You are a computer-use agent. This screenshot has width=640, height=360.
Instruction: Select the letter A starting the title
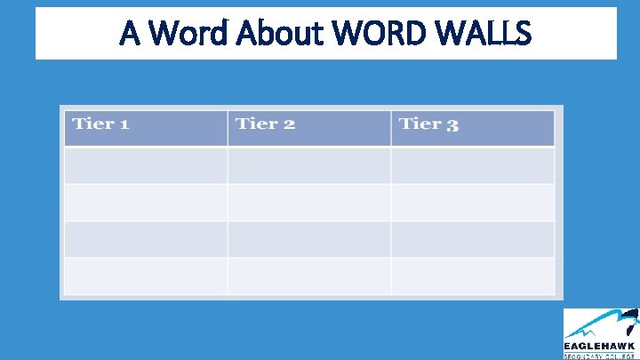coord(130,34)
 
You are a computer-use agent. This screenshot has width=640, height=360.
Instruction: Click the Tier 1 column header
coord(100,124)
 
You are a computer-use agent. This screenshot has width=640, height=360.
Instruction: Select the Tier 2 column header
coord(265,124)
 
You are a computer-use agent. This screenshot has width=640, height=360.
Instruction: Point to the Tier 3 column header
coord(429,124)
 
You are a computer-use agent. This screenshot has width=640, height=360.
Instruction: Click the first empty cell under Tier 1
coord(146,165)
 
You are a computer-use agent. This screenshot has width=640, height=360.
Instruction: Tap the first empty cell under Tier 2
coord(308,165)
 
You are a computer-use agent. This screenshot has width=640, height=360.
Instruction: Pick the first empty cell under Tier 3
coord(472,165)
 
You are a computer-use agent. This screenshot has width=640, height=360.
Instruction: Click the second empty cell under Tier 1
coord(146,203)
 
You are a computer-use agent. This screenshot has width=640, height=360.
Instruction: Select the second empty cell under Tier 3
coord(472,203)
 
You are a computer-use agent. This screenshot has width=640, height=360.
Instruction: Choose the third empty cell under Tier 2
coord(308,239)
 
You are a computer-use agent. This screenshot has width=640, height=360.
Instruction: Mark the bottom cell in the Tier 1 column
coord(146,276)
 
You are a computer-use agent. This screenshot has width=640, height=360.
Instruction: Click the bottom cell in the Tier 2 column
coord(308,276)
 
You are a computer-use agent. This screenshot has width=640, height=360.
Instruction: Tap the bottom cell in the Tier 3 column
coord(472,276)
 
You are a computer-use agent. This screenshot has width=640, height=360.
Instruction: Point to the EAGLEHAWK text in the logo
coord(600,346)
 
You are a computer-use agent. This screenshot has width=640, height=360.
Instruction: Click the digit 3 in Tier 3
coord(452,125)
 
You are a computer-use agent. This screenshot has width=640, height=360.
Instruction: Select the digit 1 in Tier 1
coord(124,124)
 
